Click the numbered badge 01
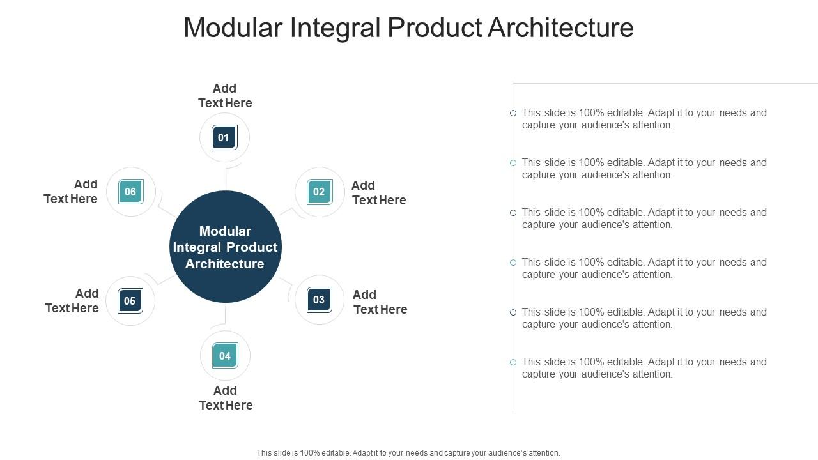point(224,137)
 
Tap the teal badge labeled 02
point(319,192)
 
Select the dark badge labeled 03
point(319,300)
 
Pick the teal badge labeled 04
point(225,356)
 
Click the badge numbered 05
point(130,301)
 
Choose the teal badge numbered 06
point(131,192)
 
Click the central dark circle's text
point(225,247)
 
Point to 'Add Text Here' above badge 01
point(225,96)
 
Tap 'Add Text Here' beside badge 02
point(379,193)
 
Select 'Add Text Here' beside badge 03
point(380,302)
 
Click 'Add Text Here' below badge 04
point(226,398)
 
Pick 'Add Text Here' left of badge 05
point(72,301)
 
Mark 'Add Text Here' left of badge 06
point(71,192)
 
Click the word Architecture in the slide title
point(560,28)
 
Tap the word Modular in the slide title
point(233,28)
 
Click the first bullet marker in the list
point(513,113)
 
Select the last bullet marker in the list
point(513,362)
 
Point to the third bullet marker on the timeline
point(513,213)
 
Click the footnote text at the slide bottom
point(408,453)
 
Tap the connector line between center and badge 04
point(226,314)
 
